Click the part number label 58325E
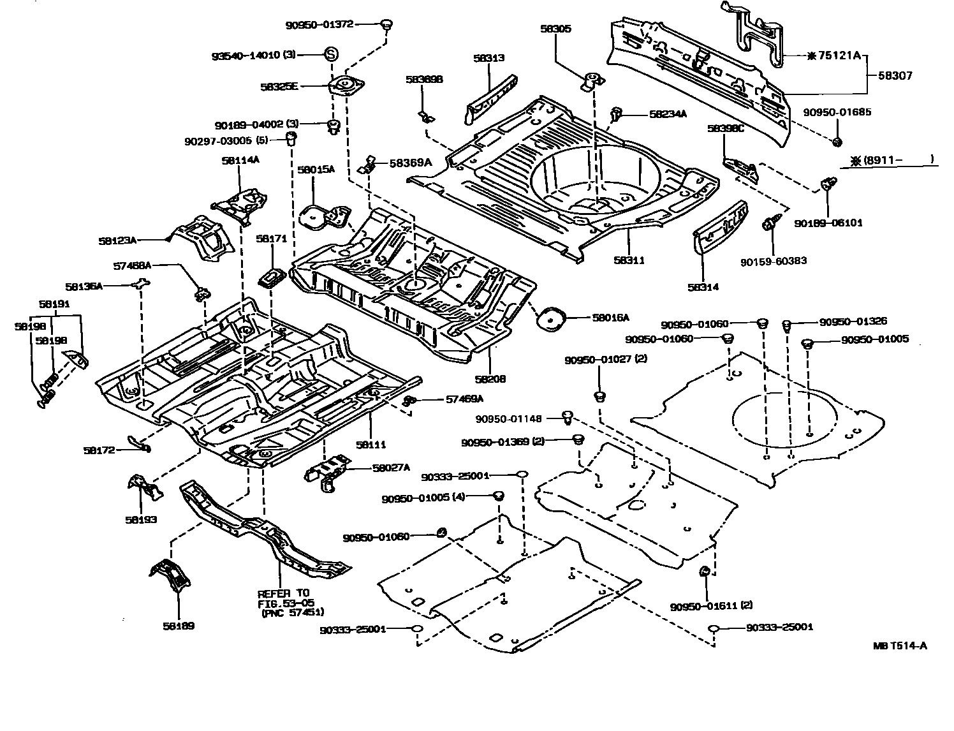coord(279,86)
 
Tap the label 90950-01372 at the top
coord(319,24)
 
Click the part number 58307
coord(895,75)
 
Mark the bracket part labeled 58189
coord(170,578)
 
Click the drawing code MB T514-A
coord(900,646)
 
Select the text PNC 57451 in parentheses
coord(293,613)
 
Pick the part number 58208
coord(490,379)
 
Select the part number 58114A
coord(240,161)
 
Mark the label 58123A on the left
coord(117,240)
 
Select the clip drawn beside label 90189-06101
coord(828,185)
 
